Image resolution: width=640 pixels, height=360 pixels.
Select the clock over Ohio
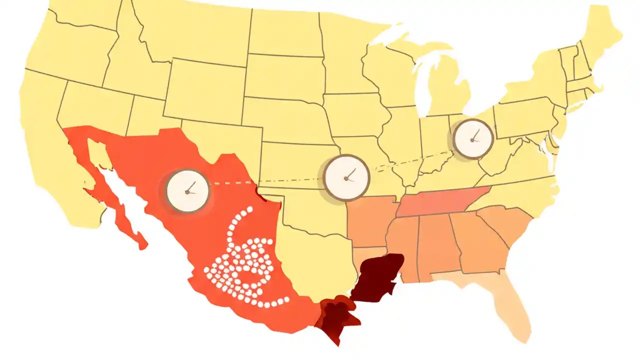pos(473,139)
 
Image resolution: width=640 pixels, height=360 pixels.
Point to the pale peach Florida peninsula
pos(505,305)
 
